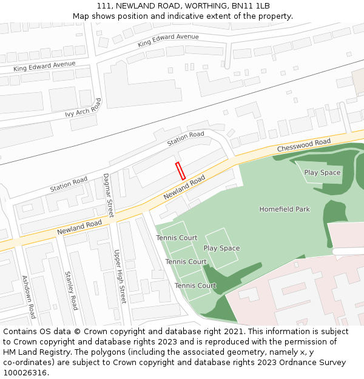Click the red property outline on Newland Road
180,170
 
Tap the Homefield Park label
285,209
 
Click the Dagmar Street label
109,195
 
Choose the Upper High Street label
120,276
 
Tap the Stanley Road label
72,290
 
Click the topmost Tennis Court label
177,238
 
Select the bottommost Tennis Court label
195,286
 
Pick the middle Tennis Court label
186,262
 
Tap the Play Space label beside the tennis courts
221,248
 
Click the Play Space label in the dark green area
322,173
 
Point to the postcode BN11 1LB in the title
250,6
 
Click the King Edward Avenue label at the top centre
168,41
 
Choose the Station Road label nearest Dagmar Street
69,184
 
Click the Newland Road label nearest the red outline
184,189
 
